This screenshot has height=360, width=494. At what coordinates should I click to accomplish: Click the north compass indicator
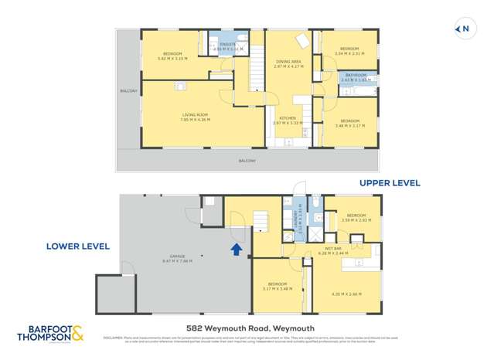pyautogui.click(x=462, y=29)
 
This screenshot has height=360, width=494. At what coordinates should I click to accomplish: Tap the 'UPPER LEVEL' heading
pyautogui.click(x=390, y=183)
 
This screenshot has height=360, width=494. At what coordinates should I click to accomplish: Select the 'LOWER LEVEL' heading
pyautogui.click(x=78, y=246)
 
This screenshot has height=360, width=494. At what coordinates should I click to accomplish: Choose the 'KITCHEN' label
pyautogui.click(x=288, y=118)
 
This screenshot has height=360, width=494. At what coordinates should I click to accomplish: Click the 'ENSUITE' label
pyautogui.click(x=229, y=44)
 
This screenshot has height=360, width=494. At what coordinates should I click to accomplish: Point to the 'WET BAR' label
pyautogui.click(x=336, y=248)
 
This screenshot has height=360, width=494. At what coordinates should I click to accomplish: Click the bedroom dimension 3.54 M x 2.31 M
pyautogui.click(x=350, y=53)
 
